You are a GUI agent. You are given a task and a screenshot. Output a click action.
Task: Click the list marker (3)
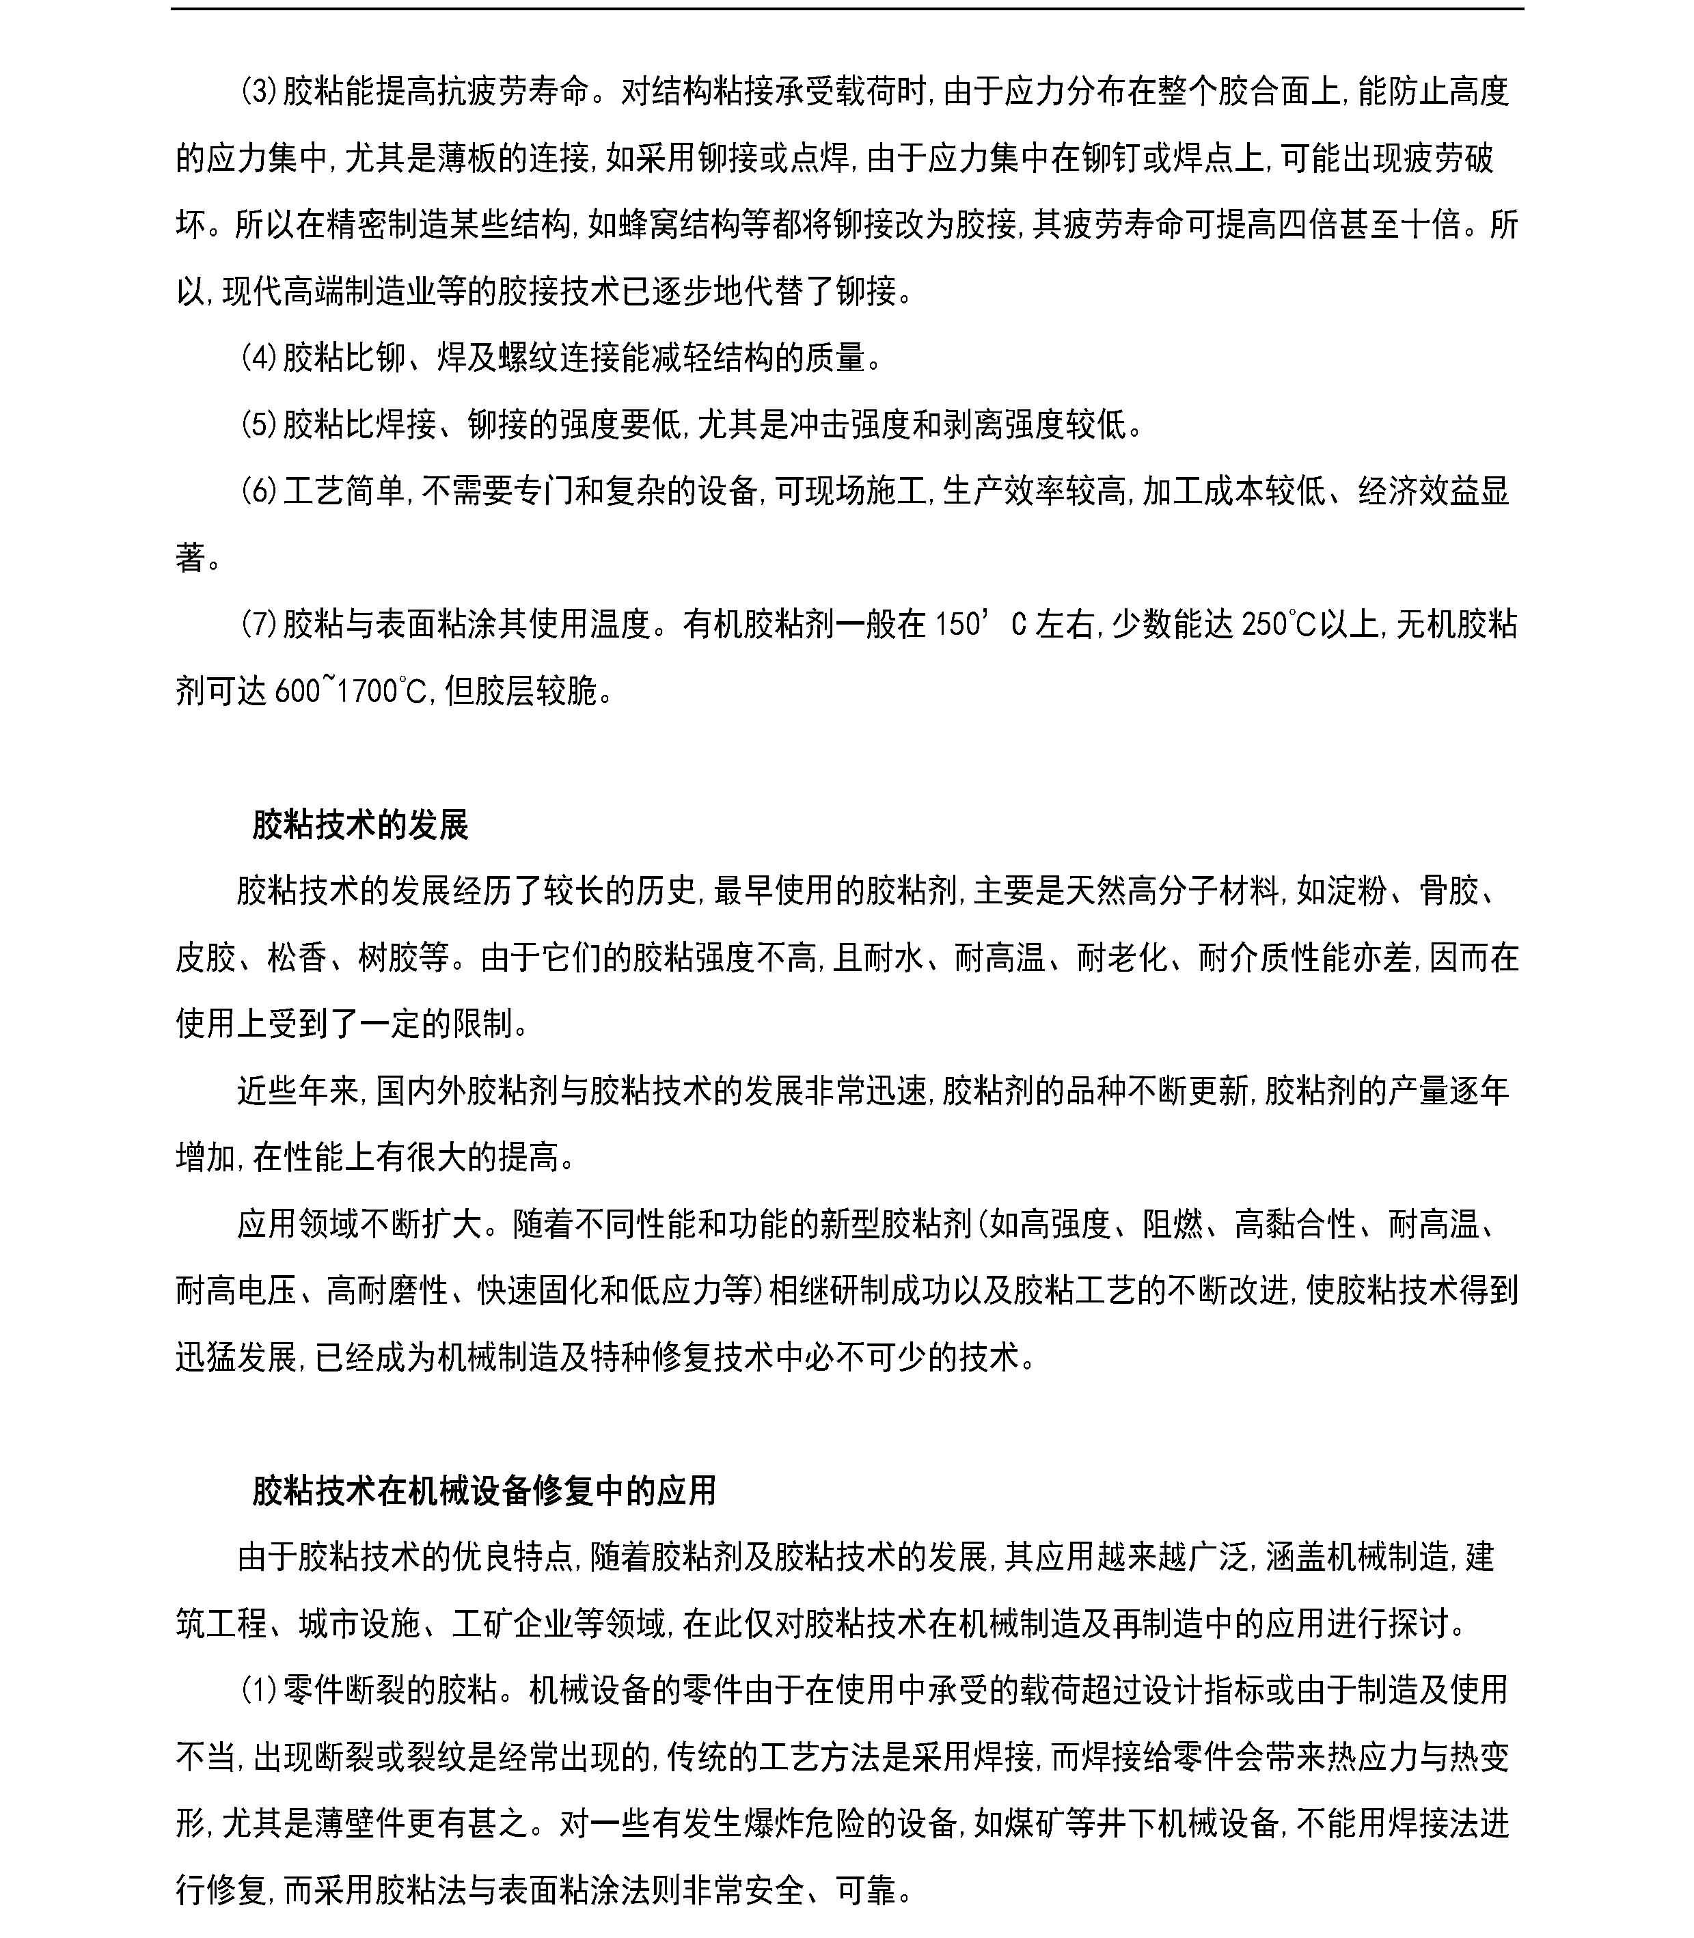pos(257,92)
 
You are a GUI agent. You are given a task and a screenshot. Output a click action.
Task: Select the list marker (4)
pos(257,358)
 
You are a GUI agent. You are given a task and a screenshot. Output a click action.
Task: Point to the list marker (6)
pos(257,491)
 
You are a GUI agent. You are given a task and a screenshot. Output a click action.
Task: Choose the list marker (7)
pos(257,625)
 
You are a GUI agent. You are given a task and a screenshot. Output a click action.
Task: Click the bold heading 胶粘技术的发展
pos(360,825)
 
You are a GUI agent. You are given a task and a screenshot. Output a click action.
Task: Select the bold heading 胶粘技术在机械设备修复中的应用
pos(484,1491)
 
